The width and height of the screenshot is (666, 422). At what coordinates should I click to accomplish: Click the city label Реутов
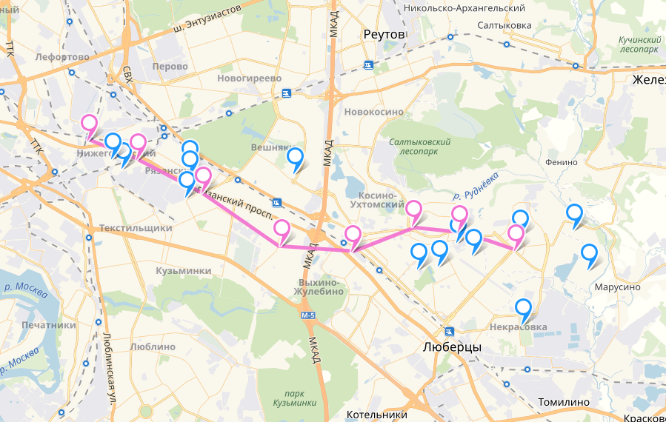tap(384, 35)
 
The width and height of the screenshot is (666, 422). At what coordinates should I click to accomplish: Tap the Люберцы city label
tap(452, 347)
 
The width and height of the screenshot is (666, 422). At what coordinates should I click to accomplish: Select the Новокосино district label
tap(374, 112)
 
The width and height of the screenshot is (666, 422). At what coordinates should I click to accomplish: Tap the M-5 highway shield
tap(309, 315)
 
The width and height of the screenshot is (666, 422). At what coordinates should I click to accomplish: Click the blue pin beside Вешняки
tap(296, 158)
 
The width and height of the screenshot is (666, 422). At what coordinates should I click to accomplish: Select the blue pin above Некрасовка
tap(523, 309)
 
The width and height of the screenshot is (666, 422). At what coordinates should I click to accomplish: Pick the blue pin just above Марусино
tap(589, 254)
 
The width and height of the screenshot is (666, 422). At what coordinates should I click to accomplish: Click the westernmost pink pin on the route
tap(89, 125)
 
